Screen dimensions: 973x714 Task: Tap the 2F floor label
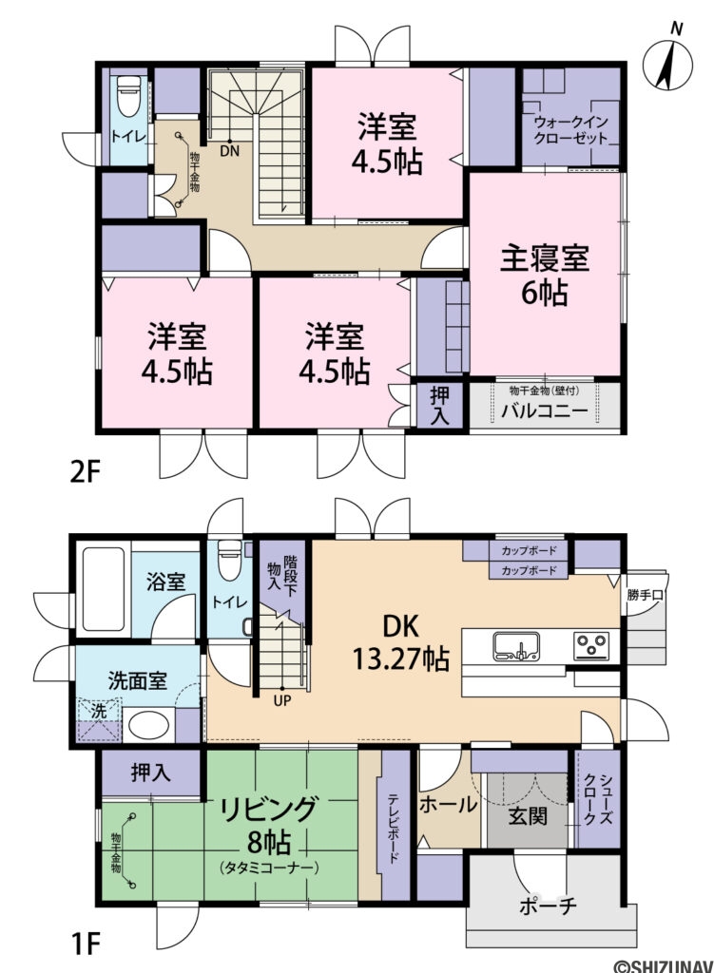83,472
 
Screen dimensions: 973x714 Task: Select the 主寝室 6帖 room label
545,275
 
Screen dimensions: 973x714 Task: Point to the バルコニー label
545,412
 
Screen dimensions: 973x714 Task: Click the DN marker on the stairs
229,150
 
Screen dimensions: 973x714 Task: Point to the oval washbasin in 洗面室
149,726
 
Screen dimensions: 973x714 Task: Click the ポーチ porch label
550,905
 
